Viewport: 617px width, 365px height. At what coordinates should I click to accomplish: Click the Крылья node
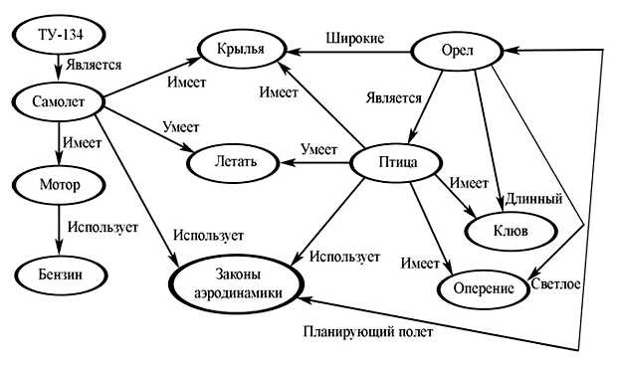(242, 48)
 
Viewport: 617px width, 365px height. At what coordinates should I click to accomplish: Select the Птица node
(397, 161)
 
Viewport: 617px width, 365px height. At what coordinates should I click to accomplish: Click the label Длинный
(534, 199)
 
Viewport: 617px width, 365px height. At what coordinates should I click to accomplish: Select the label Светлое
(555, 283)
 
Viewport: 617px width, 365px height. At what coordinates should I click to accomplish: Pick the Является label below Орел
(393, 98)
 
